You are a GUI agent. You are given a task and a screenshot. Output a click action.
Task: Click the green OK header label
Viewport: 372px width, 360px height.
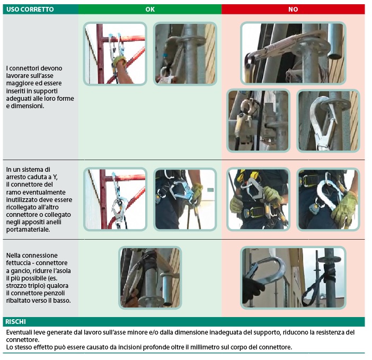150,9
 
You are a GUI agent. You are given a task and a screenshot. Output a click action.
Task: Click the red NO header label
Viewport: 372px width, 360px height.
293,9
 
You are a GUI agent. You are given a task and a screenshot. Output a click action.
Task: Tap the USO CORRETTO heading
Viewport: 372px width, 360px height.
30,9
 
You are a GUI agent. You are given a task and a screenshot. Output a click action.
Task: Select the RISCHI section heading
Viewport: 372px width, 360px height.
15,321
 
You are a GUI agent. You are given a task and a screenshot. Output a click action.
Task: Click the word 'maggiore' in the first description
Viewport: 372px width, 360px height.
19,83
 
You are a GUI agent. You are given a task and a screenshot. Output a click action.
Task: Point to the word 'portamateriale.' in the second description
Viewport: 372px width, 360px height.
28,230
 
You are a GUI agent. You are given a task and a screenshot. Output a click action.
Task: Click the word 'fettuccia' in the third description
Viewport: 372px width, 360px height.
18,263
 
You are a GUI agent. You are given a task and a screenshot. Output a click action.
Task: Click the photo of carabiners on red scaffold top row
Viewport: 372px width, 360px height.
115,54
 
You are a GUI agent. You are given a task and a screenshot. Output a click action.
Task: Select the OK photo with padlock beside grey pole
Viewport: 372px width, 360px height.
185,54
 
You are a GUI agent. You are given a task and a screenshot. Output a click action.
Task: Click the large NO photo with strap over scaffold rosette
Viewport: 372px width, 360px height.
293,53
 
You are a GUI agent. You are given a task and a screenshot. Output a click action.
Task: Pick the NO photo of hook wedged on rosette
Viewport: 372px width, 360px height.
329,121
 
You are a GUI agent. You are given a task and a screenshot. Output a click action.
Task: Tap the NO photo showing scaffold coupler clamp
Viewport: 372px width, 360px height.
259,120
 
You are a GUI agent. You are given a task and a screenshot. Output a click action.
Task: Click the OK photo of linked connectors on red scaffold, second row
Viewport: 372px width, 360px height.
115,199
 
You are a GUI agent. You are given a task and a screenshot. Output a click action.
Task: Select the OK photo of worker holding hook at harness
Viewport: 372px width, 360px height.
185,199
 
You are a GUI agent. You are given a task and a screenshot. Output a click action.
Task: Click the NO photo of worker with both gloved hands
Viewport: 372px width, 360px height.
259,199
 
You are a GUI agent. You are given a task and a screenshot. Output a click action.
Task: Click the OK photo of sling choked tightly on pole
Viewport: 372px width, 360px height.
150,278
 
